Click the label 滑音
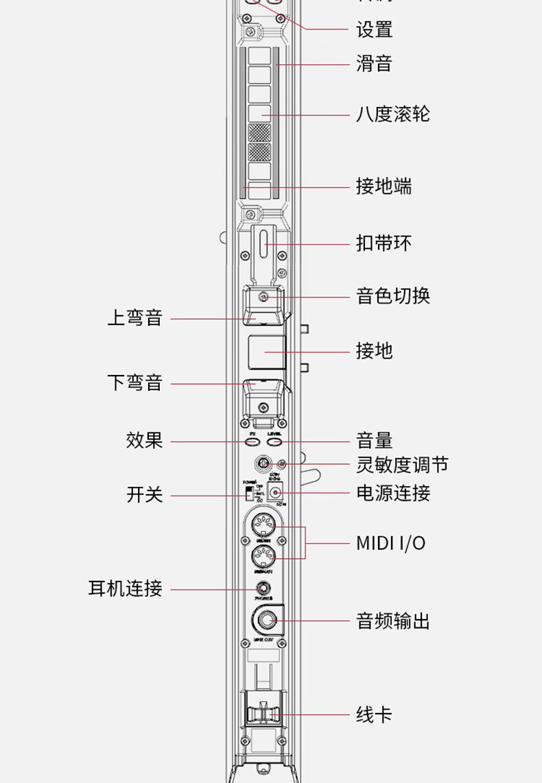(x=374, y=64)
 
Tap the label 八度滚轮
(x=392, y=114)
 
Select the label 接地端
(x=384, y=186)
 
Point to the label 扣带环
(x=384, y=243)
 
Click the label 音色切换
(x=392, y=296)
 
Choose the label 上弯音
(x=134, y=318)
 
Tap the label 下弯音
(x=134, y=383)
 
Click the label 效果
(x=144, y=440)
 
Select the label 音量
(x=374, y=441)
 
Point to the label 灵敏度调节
(x=402, y=465)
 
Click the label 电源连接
(x=392, y=493)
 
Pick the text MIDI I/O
(x=390, y=544)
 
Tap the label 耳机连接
(x=125, y=588)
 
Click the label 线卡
(x=374, y=714)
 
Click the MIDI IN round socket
(x=263, y=527)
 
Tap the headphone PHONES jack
(x=263, y=588)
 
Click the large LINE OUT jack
(x=266, y=621)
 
